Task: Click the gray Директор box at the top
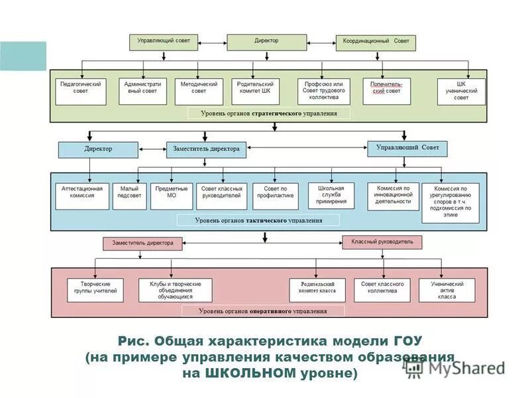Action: [266, 42]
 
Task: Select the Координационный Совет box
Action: [376, 42]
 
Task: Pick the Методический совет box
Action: [199, 92]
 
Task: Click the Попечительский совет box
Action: [386, 92]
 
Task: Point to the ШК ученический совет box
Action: [461, 92]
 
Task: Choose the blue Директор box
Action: [98, 149]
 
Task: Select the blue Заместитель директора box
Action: [207, 149]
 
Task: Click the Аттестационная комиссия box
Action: [82, 196]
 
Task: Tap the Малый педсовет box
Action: [129, 196]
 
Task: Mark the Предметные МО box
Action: [171, 196]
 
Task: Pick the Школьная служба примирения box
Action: [331, 196]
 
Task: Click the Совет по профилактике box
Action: [276, 196]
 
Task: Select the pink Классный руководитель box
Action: [382, 243]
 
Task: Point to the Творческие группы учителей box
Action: [95, 290]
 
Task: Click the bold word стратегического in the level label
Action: [277, 113]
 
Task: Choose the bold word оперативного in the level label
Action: [273, 310]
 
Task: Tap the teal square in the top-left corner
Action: [23, 56]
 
